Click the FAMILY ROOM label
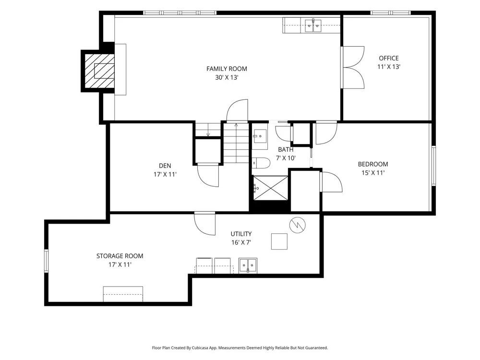tap(227, 69)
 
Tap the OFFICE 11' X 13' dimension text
tap(389, 67)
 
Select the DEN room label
tap(165, 166)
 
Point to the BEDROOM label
tap(373, 164)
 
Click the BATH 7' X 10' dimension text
tap(286, 158)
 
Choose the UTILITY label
tap(241, 234)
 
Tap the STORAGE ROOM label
tap(120, 256)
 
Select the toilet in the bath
tap(261, 163)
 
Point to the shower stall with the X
tap(271, 188)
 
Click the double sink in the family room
tap(313, 25)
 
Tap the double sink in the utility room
tap(248, 265)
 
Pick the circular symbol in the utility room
tap(298, 225)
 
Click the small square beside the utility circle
tap(279, 241)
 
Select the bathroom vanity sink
tap(260, 136)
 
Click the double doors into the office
tap(353, 67)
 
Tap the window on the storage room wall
tap(46, 261)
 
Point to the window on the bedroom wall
tap(433, 166)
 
